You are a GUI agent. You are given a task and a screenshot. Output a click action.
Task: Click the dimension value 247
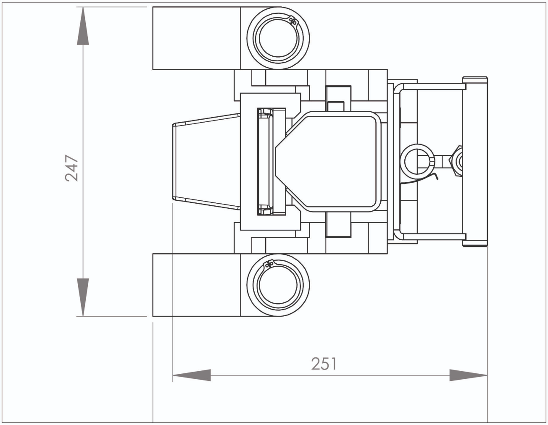(x=71, y=168)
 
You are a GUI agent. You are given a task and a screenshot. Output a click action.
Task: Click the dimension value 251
(x=324, y=364)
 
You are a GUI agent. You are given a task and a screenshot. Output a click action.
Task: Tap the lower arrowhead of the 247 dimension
(x=83, y=297)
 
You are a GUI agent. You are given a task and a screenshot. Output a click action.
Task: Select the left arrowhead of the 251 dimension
(x=192, y=375)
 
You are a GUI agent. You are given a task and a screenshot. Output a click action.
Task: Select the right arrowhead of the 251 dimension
(x=468, y=375)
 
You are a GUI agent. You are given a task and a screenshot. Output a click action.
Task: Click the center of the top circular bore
(x=278, y=38)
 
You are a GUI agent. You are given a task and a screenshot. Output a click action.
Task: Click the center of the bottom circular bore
(x=278, y=285)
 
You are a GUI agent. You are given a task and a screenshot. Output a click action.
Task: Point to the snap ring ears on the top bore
(x=293, y=21)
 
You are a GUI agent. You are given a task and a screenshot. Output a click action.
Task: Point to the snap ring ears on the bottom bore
(x=269, y=265)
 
